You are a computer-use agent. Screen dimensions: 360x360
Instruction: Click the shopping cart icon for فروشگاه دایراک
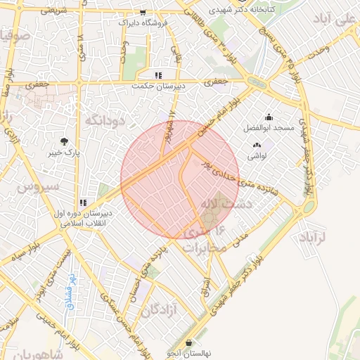pyautogui.click(x=143, y=13)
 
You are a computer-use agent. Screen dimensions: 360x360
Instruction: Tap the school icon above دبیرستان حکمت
pyautogui.click(x=158, y=75)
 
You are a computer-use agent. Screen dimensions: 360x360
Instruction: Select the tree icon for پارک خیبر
pyautogui.click(x=65, y=141)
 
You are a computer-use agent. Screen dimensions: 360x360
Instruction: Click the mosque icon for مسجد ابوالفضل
pyautogui.click(x=269, y=117)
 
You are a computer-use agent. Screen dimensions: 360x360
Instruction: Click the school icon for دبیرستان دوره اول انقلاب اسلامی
pyautogui.click(x=84, y=202)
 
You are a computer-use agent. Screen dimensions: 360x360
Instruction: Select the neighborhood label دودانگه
pyautogui.click(x=105, y=121)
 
